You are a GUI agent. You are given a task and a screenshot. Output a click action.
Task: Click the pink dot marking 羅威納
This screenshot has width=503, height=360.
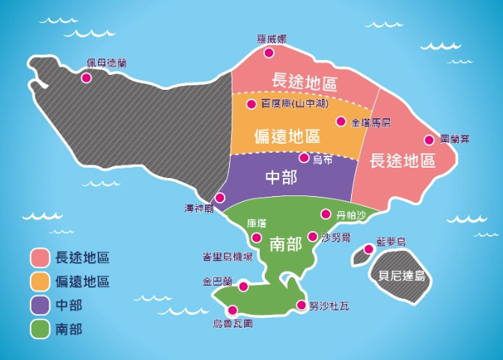[269, 52]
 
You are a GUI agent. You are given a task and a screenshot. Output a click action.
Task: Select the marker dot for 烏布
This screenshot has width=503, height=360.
[304, 158]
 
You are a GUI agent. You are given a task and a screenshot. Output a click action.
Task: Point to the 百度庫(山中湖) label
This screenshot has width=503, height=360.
[292, 103]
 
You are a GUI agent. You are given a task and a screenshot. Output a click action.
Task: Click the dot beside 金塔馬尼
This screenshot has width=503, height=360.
[341, 121]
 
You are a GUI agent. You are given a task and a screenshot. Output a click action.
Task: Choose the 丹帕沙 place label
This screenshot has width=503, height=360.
[352, 216]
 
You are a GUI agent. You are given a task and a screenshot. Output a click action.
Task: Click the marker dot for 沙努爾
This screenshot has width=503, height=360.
[312, 237]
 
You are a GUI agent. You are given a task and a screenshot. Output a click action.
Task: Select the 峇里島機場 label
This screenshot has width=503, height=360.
[227, 256]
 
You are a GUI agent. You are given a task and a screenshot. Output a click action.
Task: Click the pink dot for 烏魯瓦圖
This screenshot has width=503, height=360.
[233, 311]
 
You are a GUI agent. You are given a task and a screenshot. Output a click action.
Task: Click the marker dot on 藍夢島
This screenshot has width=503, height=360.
[368, 249]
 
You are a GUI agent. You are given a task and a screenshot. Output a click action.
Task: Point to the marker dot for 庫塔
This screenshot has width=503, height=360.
[257, 238]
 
